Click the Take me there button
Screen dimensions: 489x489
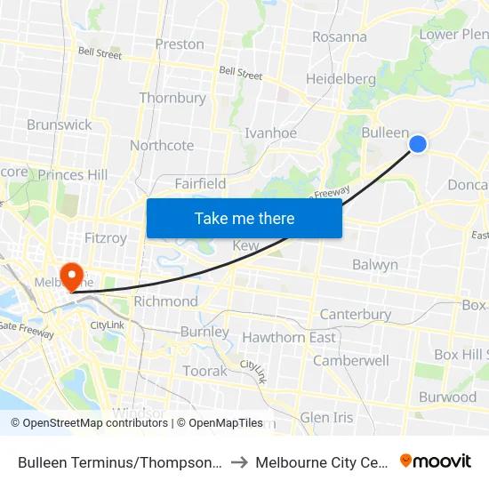tap(244, 218)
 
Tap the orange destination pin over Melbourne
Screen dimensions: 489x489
tap(69, 276)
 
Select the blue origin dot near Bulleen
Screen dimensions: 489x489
tap(417, 144)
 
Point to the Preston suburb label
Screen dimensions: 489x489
tap(180, 44)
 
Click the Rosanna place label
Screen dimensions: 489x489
tap(339, 36)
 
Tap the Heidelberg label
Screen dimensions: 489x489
tap(341, 78)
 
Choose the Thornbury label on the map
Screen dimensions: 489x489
tap(172, 98)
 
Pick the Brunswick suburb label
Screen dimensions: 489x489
tap(60, 124)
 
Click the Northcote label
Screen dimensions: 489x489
tap(162, 145)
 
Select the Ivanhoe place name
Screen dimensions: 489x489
tap(270, 132)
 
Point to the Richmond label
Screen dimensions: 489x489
tap(165, 301)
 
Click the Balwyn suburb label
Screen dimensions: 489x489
tap(375, 264)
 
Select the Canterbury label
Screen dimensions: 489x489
tap(356, 314)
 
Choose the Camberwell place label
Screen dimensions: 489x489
tap(351, 360)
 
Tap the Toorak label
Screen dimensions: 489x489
tap(204, 371)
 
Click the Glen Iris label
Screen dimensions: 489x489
tap(326, 417)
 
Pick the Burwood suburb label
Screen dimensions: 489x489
tap(447, 397)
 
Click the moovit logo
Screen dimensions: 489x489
tap(436, 461)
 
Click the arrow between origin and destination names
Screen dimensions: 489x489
tap(240, 462)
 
